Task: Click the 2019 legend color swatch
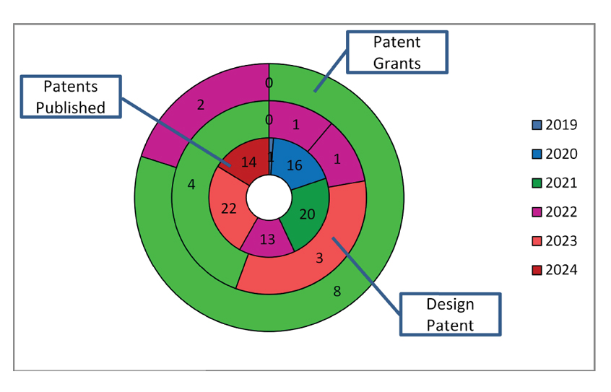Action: (x=535, y=125)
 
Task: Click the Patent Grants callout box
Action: (x=397, y=52)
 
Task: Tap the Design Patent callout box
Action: (x=450, y=314)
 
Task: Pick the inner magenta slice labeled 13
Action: (x=267, y=239)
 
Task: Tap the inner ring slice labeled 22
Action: (x=228, y=208)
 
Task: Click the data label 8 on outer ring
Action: (x=336, y=292)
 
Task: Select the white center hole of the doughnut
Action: (x=269, y=196)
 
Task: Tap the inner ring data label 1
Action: (x=271, y=157)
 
